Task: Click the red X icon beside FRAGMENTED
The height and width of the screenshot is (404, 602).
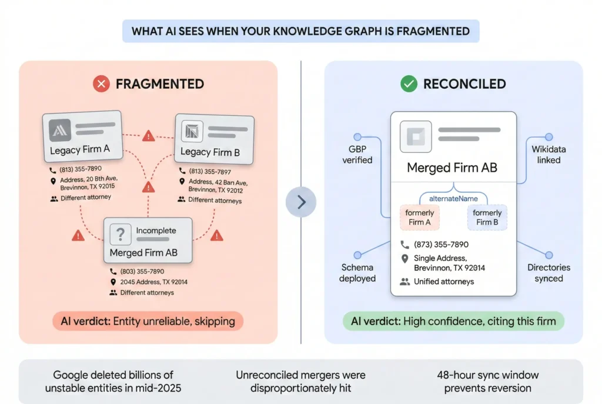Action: click(x=102, y=84)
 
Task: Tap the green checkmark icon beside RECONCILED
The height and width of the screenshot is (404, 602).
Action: click(x=409, y=84)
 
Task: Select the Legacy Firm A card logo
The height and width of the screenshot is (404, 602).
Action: click(x=60, y=130)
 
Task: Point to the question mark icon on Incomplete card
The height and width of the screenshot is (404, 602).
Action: click(x=121, y=235)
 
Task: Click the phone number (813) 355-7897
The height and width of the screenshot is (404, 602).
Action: click(x=210, y=171)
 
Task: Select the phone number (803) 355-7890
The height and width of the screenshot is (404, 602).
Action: click(x=142, y=272)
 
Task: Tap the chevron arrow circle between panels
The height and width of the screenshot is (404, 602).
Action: click(x=301, y=202)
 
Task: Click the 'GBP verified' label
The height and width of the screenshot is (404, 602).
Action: click(x=357, y=154)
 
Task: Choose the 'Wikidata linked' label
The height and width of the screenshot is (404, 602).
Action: click(x=549, y=154)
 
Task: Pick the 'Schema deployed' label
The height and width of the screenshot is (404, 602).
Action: click(x=357, y=272)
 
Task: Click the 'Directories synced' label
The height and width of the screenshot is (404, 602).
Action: click(x=549, y=272)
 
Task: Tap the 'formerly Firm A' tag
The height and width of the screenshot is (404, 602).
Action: click(x=420, y=217)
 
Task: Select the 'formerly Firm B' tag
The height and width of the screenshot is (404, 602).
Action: click(x=487, y=217)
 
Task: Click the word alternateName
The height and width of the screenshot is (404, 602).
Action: click(x=453, y=199)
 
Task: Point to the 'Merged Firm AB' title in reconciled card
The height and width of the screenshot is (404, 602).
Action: click(x=452, y=168)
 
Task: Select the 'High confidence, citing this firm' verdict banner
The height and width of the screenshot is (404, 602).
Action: click(x=453, y=321)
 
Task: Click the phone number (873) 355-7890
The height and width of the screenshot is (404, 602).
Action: click(x=441, y=244)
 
